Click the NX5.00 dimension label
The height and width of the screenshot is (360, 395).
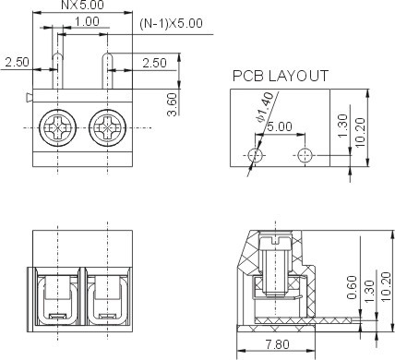pos(82,5)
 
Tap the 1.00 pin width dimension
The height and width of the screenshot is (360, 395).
pos(87,21)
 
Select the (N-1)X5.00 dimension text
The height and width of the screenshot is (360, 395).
pos(171,24)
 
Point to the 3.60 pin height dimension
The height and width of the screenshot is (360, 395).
pos(173,104)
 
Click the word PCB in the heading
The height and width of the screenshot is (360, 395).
pos(247,76)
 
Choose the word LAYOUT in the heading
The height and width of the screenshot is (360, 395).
pos(298,76)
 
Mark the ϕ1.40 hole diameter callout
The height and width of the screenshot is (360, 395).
pos(264,107)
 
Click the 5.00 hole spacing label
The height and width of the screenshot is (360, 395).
pos(280,126)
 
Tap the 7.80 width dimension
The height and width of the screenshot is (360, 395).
pos(277,344)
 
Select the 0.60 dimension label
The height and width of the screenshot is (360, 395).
pos(353,287)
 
